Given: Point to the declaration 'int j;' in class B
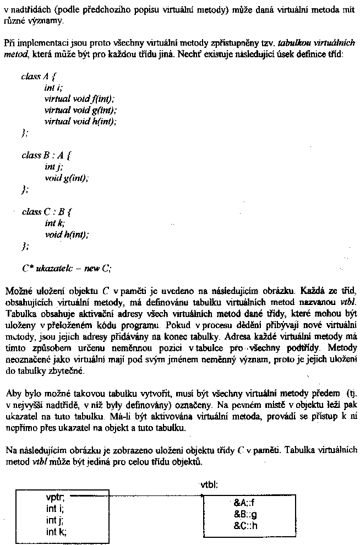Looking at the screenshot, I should pos(53,167).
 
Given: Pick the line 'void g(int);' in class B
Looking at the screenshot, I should pos(66,178).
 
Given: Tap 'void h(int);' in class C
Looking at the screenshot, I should pos(67,235).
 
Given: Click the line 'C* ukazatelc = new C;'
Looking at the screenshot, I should pos(67,268).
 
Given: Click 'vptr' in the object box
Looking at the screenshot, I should pos(56,498).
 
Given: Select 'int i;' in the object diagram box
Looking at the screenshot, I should pos(55,509).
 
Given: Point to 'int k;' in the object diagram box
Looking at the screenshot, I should pos(56,531).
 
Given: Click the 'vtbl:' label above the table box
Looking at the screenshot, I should pos(209,485).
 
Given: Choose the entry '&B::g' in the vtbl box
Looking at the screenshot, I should pos(245,514).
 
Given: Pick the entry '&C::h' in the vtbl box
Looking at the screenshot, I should pos(245,525).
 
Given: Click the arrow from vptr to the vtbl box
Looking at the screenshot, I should pos(138,497).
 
